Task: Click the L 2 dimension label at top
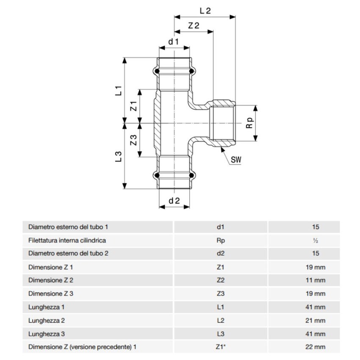205,11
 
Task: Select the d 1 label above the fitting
174,42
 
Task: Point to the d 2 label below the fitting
174,201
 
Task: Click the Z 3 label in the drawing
133,140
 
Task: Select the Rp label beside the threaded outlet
249,123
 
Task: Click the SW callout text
236,160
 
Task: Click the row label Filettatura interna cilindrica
67,240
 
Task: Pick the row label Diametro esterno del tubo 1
68,227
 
